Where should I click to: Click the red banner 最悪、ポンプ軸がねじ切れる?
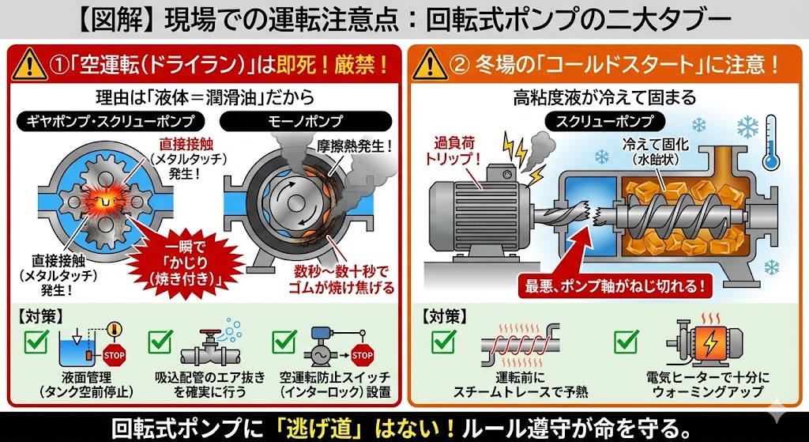[613, 285]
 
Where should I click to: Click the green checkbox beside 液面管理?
[36, 342]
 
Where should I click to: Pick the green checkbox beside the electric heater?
[627, 342]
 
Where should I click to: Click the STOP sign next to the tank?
[114, 355]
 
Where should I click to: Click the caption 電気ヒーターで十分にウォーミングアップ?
[703, 383]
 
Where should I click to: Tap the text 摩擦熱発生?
[355, 146]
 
